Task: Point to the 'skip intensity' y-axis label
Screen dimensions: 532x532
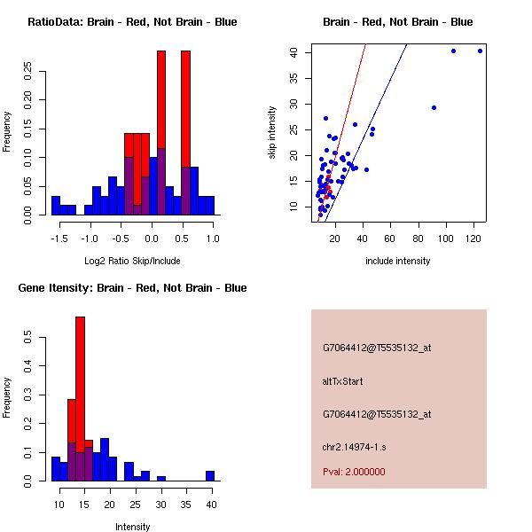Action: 272,133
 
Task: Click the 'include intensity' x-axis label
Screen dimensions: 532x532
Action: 398,261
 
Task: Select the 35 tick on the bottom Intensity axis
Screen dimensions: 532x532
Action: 185,505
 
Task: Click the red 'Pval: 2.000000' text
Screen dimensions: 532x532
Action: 354,472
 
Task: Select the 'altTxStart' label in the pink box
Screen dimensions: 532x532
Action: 342,381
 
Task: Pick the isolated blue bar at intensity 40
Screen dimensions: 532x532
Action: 210,475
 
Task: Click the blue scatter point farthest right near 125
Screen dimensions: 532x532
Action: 480,51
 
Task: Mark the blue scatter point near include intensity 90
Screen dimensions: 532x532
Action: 434,107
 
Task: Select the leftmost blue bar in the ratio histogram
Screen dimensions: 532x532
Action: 55,205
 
